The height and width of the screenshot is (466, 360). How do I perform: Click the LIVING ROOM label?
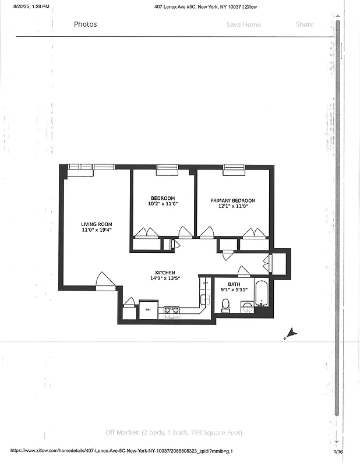coord(97,224)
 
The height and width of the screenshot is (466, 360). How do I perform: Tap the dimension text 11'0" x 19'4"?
coord(97,230)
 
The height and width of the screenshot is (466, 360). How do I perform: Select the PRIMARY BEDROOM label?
coord(233,201)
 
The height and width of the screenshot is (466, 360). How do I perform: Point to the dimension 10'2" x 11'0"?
coord(163,204)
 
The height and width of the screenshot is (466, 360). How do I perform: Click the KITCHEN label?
coord(165,273)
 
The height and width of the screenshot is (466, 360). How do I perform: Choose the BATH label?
coord(226,284)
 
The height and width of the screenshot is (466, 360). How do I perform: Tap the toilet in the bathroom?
coord(226,305)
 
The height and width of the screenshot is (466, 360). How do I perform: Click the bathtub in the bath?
coord(262,294)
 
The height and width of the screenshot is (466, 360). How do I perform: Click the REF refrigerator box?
coord(148,310)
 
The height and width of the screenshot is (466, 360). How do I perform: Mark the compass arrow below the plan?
coord(291,334)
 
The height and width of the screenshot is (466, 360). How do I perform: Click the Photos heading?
coord(85,24)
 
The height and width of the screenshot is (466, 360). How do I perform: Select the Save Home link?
coord(243,24)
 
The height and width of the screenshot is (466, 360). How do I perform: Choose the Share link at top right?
coord(305,24)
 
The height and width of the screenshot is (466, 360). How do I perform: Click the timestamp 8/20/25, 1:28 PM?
coord(27,6)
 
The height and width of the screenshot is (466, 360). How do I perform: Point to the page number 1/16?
coord(338,451)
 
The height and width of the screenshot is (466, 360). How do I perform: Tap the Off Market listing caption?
coord(174,432)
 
